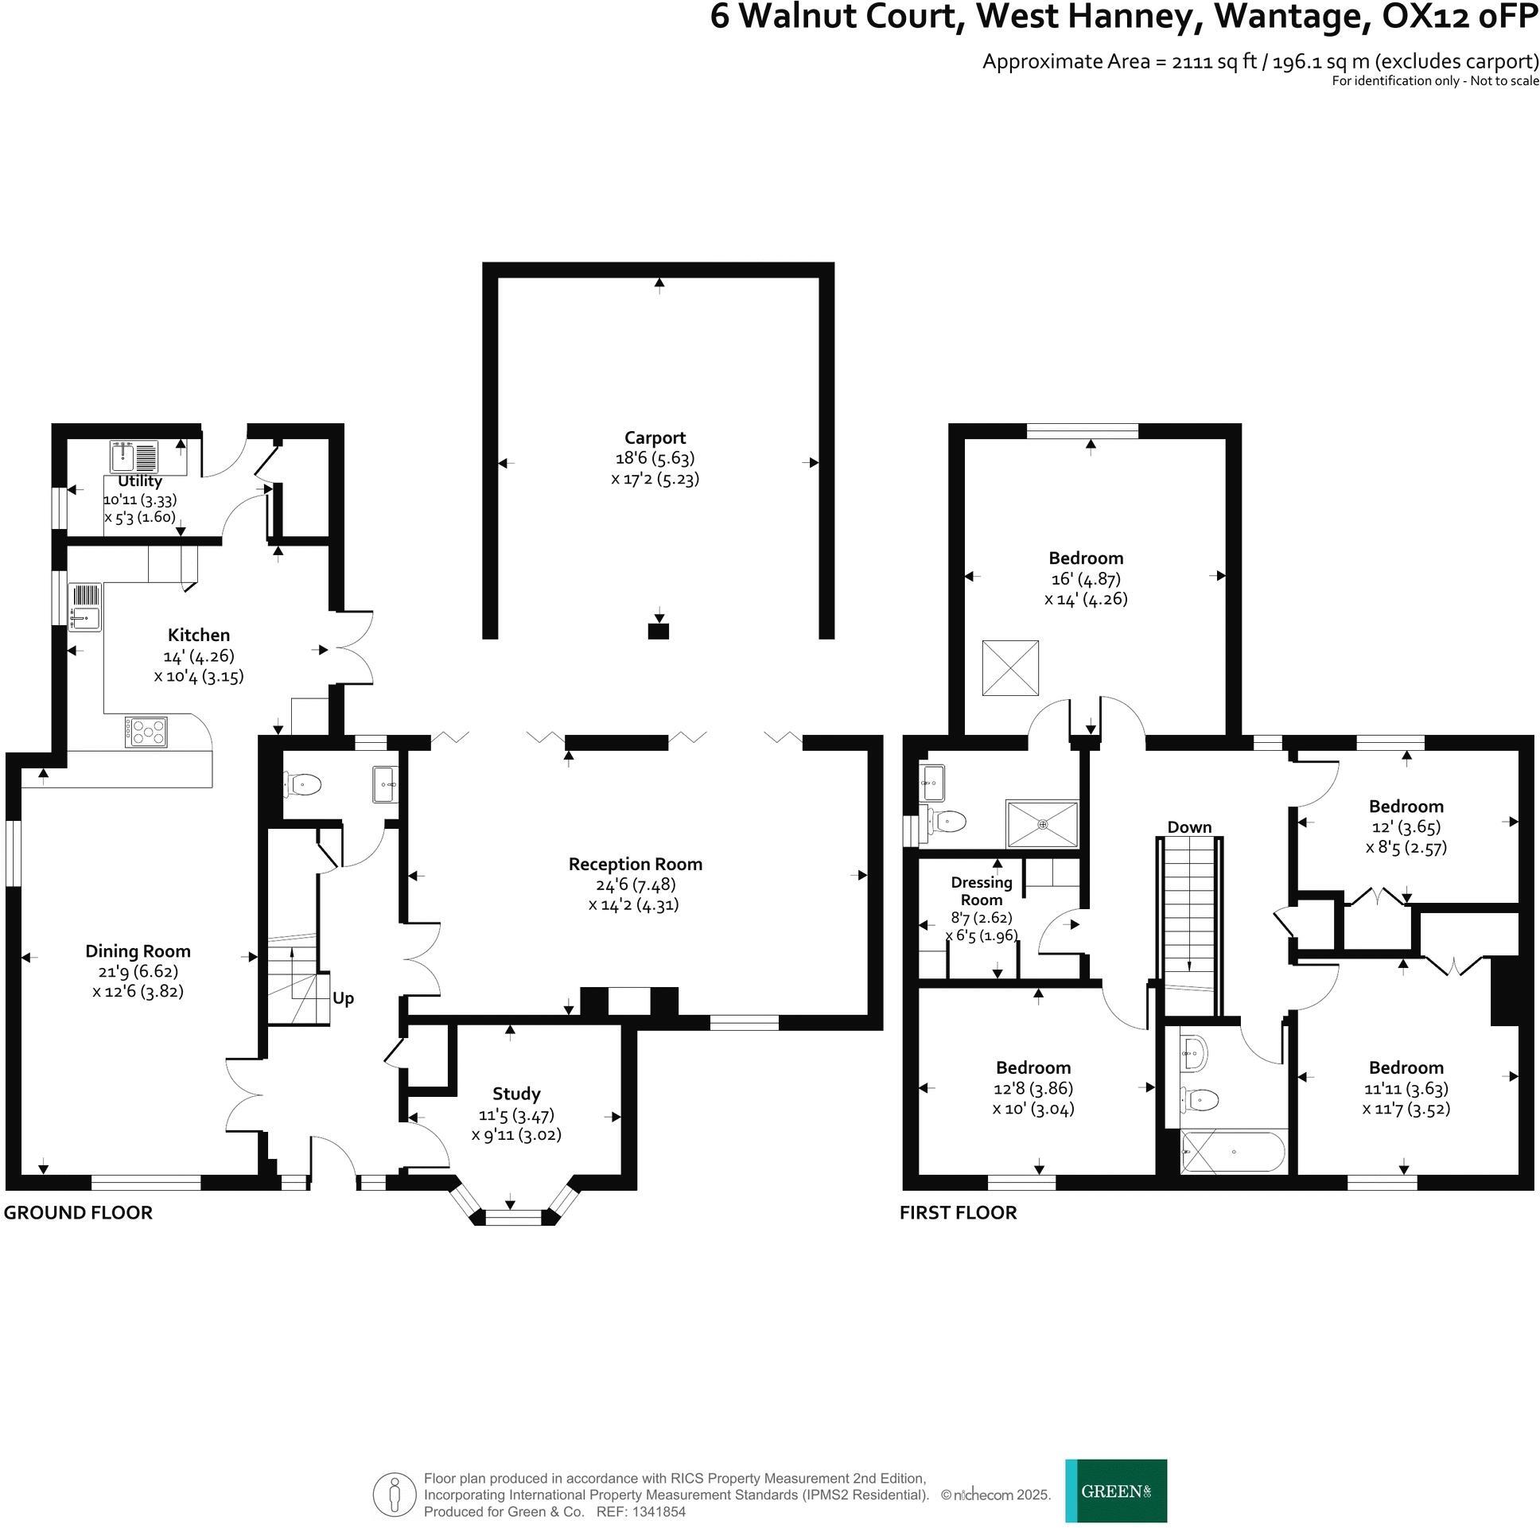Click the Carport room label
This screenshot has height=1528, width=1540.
tap(655, 437)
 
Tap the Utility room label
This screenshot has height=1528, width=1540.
tap(140, 481)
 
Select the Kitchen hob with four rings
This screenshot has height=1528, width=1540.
tap(146, 732)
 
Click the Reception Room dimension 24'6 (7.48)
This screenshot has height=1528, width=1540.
tap(635, 885)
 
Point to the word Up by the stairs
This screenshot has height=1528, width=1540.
tap(343, 999)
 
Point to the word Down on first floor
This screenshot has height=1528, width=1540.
tap(1189, 827)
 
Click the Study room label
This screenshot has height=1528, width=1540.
tap(515, 1094)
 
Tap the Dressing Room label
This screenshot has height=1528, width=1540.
tap(982, 891)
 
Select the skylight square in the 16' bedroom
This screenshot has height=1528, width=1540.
tap(1010, 668)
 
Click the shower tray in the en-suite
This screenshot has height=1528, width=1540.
tap(1042, 823)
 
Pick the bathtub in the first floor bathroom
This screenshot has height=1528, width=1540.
tap(1232, 1152)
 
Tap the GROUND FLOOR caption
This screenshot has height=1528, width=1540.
tap(78, 1213)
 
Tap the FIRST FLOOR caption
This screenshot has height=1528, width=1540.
tap(958, 1213)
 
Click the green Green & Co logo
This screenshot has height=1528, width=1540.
tap(1116, 1491)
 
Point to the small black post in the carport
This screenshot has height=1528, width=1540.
tap(659, 632)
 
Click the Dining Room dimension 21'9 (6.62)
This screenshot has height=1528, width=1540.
tap(138, 972)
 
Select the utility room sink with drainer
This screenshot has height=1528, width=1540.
tap(134, 457)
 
